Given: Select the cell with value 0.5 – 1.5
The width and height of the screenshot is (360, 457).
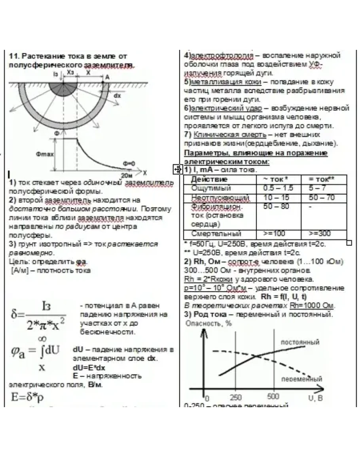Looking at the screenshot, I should pyautogui.click(x=278, y=188).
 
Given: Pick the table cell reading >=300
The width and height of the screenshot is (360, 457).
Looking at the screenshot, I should pyautogui.click(x=320, y=233).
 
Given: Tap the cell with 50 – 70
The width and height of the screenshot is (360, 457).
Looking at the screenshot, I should pyautogui.click(x=321, y=197).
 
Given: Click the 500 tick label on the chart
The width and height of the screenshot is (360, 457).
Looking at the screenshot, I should pyautogui.click(x=273, y=396).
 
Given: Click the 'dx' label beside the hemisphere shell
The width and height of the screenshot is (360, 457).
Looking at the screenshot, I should pyautogui.click(x=117, y=95).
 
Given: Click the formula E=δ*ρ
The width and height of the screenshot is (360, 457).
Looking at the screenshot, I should pyautogui.click(x=27, y=397).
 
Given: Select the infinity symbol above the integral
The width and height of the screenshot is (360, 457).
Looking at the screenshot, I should pyautogui.click(x=41, y=338).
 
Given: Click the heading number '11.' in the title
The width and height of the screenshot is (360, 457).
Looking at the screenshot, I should pyautogui.click(x=14, y=56).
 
